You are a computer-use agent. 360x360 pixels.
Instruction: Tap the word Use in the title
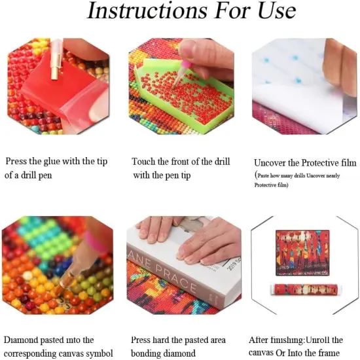270,11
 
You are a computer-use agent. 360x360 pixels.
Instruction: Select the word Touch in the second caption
144,161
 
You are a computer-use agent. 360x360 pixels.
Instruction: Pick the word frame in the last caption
327,354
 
